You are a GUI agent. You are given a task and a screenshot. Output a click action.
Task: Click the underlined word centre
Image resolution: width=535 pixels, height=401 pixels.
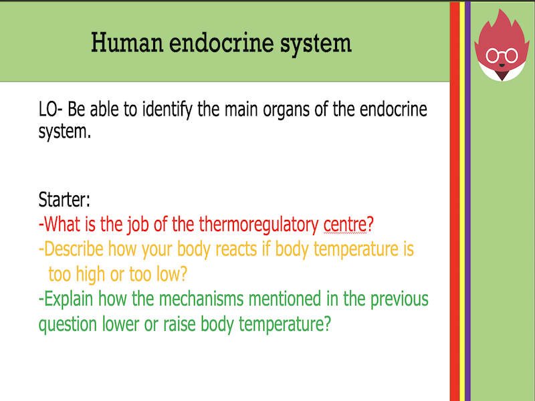[x=345, y=224]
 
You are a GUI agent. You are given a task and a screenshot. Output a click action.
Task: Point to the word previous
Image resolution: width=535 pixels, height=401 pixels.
[x=392, y=299]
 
